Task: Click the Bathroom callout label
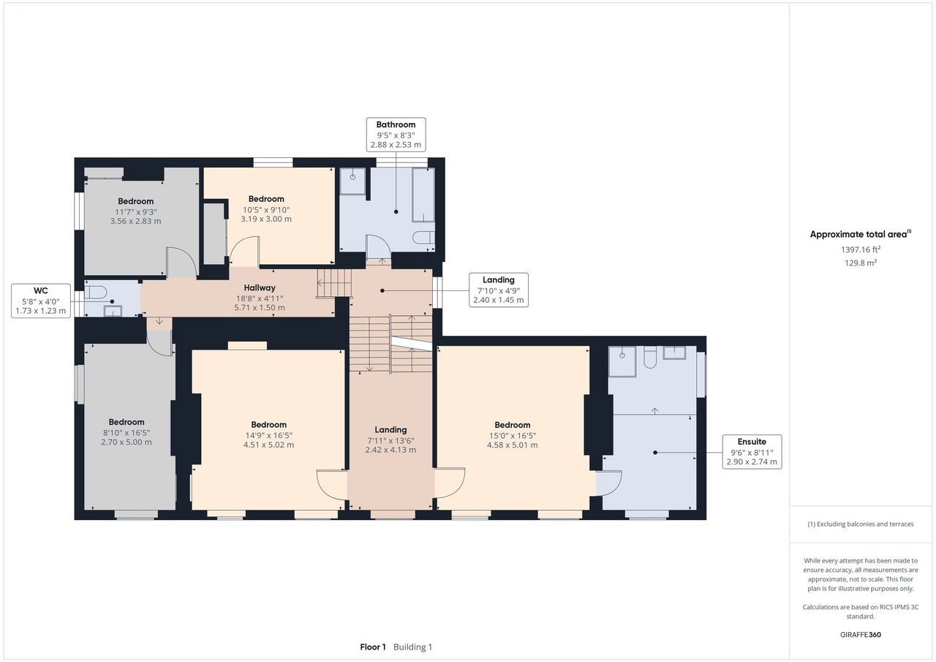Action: click(x=396, y=135)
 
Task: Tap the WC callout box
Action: click(x=41, y=301)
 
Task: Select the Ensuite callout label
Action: click(x=752, y=452)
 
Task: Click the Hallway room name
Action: click(x=260, y=288)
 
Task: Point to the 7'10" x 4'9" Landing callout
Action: click(x=499, y=290)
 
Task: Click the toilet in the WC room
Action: click(x=96, y=292)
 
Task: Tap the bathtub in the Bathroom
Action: click(x=423, y=195)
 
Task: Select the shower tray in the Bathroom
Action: click(x=353, y=181)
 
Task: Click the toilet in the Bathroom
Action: click(x=423, y=238)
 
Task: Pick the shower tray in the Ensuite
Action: click(x=622, y=362)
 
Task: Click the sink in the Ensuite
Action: click(x=674, y=353)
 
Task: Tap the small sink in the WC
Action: click(x=113, y=311)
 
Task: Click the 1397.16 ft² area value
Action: click(x=861, y=249)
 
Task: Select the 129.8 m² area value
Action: click(x=861, y=263)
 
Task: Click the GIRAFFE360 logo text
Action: click(x=861, y=634)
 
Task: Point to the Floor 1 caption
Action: click(x=373, y=647)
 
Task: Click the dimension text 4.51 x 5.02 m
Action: click(x=268, y=445)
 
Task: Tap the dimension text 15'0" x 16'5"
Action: click(x=513, y=435)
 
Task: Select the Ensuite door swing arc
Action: click(x=614, y=487)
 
